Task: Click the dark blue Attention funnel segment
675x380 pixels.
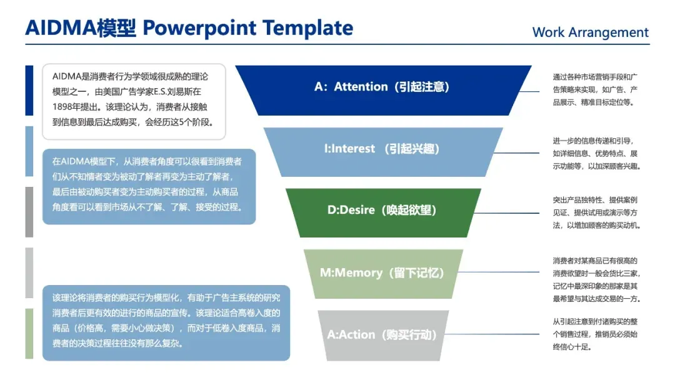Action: point(382,87)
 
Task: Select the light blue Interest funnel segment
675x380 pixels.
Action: point(382,149)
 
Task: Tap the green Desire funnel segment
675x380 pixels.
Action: point(382,211)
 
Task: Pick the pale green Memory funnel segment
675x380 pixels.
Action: point(382,273)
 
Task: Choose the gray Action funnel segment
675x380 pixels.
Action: point(382,335)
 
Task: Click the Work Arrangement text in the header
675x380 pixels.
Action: point(590,32)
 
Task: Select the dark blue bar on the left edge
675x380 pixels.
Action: point(29,91)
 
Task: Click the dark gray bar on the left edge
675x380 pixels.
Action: point(29,212)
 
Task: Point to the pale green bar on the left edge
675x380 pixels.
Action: point(29,333)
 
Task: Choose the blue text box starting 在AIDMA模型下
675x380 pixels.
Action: point(149,186)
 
